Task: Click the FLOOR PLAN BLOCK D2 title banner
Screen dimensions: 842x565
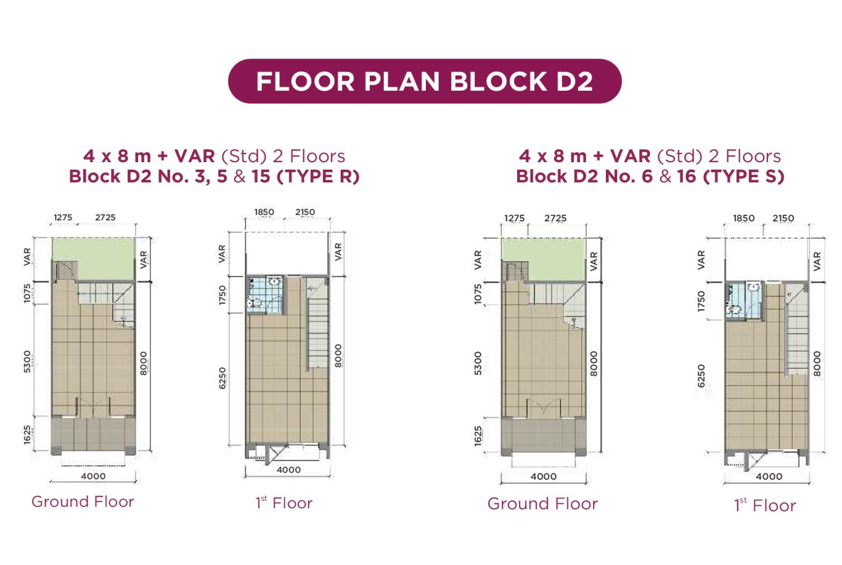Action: [425, 81]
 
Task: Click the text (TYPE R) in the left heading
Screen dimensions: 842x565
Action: [318, 176]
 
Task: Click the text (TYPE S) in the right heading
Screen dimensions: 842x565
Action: [743, 176]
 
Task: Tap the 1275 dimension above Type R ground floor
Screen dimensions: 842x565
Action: [63, 217]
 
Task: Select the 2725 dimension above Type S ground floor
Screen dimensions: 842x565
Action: [555, 218]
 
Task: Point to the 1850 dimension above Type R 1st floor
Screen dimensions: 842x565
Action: [264, 212]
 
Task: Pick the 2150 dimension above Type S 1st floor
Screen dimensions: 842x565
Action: [783, 218]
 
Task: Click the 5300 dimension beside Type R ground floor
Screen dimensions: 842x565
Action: [27, 361]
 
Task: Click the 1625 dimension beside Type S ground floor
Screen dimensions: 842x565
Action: [477, 436]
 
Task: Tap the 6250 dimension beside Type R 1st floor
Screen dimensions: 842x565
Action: [223, 378]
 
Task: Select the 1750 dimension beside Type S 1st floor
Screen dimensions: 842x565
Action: [701, 301]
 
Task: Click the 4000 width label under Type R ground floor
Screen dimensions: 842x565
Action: [93, 476]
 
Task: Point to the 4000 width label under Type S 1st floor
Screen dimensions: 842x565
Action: [769, 477]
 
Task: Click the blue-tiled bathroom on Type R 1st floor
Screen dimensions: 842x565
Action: [264, 295]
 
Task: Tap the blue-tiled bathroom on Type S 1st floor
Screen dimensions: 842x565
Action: [744, 300]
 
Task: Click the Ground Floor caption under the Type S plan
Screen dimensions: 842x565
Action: [542, 504]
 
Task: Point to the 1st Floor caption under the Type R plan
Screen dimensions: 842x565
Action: [284, 503]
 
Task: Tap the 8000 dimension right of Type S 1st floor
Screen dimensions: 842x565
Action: [817, 364]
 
